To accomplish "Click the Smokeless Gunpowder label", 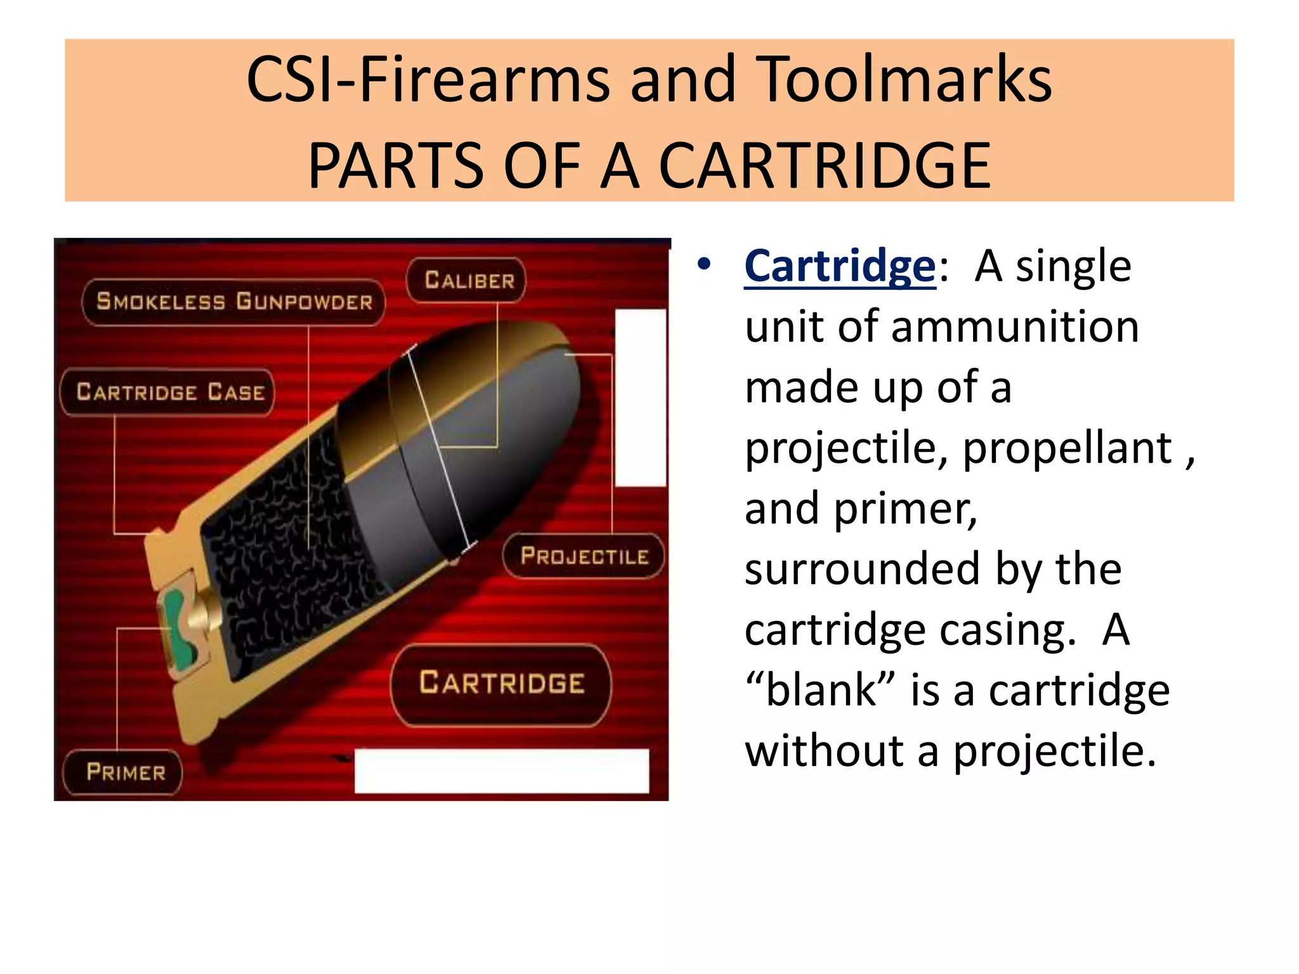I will [x=234, y=302].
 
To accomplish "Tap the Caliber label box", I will [x=468, y=280].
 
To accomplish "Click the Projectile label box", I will [x=584, y=556].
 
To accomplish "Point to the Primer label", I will [x=125, y=772].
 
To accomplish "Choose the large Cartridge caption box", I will [x=501, y=684].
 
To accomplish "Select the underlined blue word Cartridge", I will [x=840, y=266].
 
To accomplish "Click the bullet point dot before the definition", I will [x=703, y=265].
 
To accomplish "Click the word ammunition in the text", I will [x=1015, y=327].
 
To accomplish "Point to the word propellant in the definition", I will [x=1067, y=448].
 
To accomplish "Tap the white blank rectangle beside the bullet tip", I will [x=640, y=398].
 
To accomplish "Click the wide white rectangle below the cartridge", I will [x=501, y=771].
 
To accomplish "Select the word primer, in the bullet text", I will [x=905, y=509].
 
